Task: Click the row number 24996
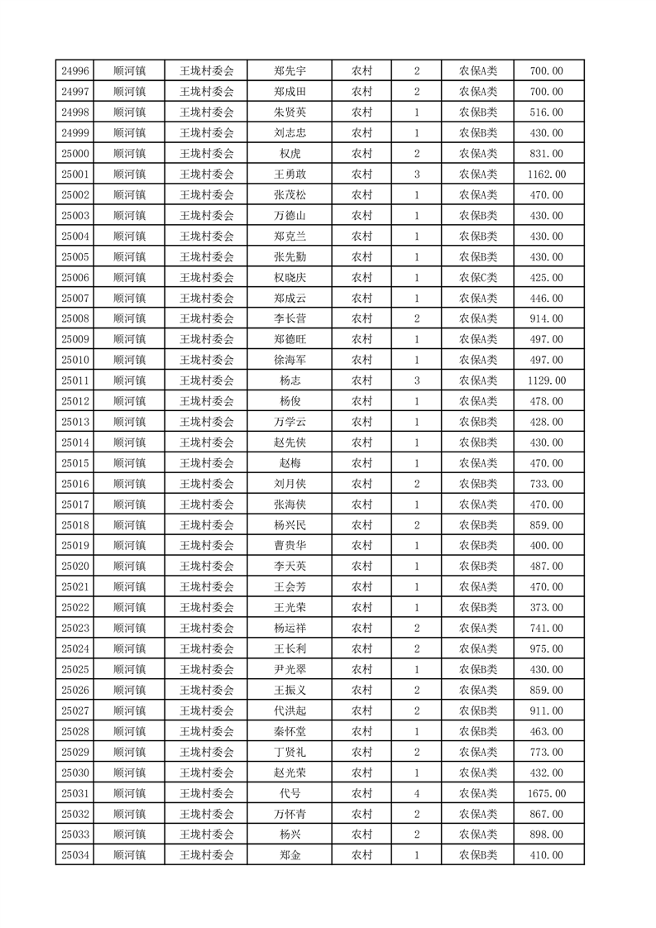click(75, 71)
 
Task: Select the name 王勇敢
click(290, 175)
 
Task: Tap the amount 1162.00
click(546, 175)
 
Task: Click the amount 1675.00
click(546, 794)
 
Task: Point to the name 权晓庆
click(290, 278)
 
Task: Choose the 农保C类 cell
click(478, 278)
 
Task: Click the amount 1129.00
click(546, 380)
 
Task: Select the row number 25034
click(75, 855)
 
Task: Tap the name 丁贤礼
click(290, 752)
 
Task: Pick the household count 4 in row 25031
click(416, 794)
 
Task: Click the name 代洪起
click(290, 710)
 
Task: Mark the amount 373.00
click(546, 608)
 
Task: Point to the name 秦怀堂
click(290, 731)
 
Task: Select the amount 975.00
click(546, 649)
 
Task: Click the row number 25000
click(75, 154)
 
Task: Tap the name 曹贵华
click(290, 546)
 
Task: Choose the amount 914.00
click(546, 319)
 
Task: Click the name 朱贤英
click(290, 112)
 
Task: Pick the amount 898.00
click(546, 835)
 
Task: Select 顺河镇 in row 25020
click(130, 567)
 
